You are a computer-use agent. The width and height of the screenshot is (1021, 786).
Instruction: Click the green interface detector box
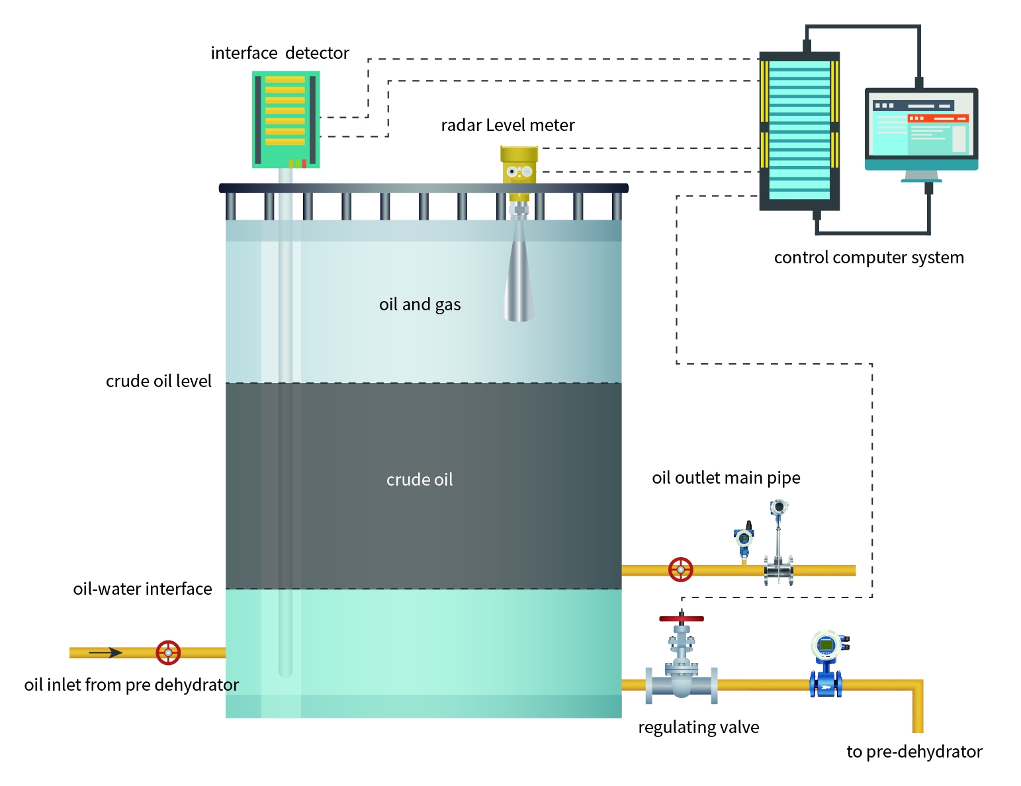(286, 119)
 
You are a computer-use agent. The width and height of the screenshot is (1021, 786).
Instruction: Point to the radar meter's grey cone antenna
(519, 278)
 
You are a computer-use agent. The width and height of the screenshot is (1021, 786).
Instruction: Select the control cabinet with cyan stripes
(799, 130)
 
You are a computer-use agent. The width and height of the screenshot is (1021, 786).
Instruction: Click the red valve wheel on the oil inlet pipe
(168, 652)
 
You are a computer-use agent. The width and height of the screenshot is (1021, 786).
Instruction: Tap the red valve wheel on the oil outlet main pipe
(680, 570)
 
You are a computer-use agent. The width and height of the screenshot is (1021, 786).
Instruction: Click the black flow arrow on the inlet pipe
(106, 652)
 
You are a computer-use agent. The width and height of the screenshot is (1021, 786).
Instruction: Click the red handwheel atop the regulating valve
(682, 619)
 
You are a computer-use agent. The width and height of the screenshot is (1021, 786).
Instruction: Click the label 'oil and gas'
(420, 304)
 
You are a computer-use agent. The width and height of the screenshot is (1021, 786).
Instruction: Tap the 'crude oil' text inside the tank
(420, 480)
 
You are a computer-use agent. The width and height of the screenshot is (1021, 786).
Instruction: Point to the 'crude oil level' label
(159, 381)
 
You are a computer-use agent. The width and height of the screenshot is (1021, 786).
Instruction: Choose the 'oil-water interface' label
(142, 589)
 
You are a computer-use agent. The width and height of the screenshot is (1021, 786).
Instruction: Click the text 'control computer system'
(869, 257)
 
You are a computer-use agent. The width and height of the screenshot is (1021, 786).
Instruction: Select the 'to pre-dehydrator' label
(914, 752)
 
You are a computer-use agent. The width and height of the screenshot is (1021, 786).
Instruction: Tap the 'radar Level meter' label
(508, 125)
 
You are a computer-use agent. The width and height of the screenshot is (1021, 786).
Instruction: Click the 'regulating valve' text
(698, 727)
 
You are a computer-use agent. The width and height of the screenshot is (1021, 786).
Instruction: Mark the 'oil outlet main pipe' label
(726, 478)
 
